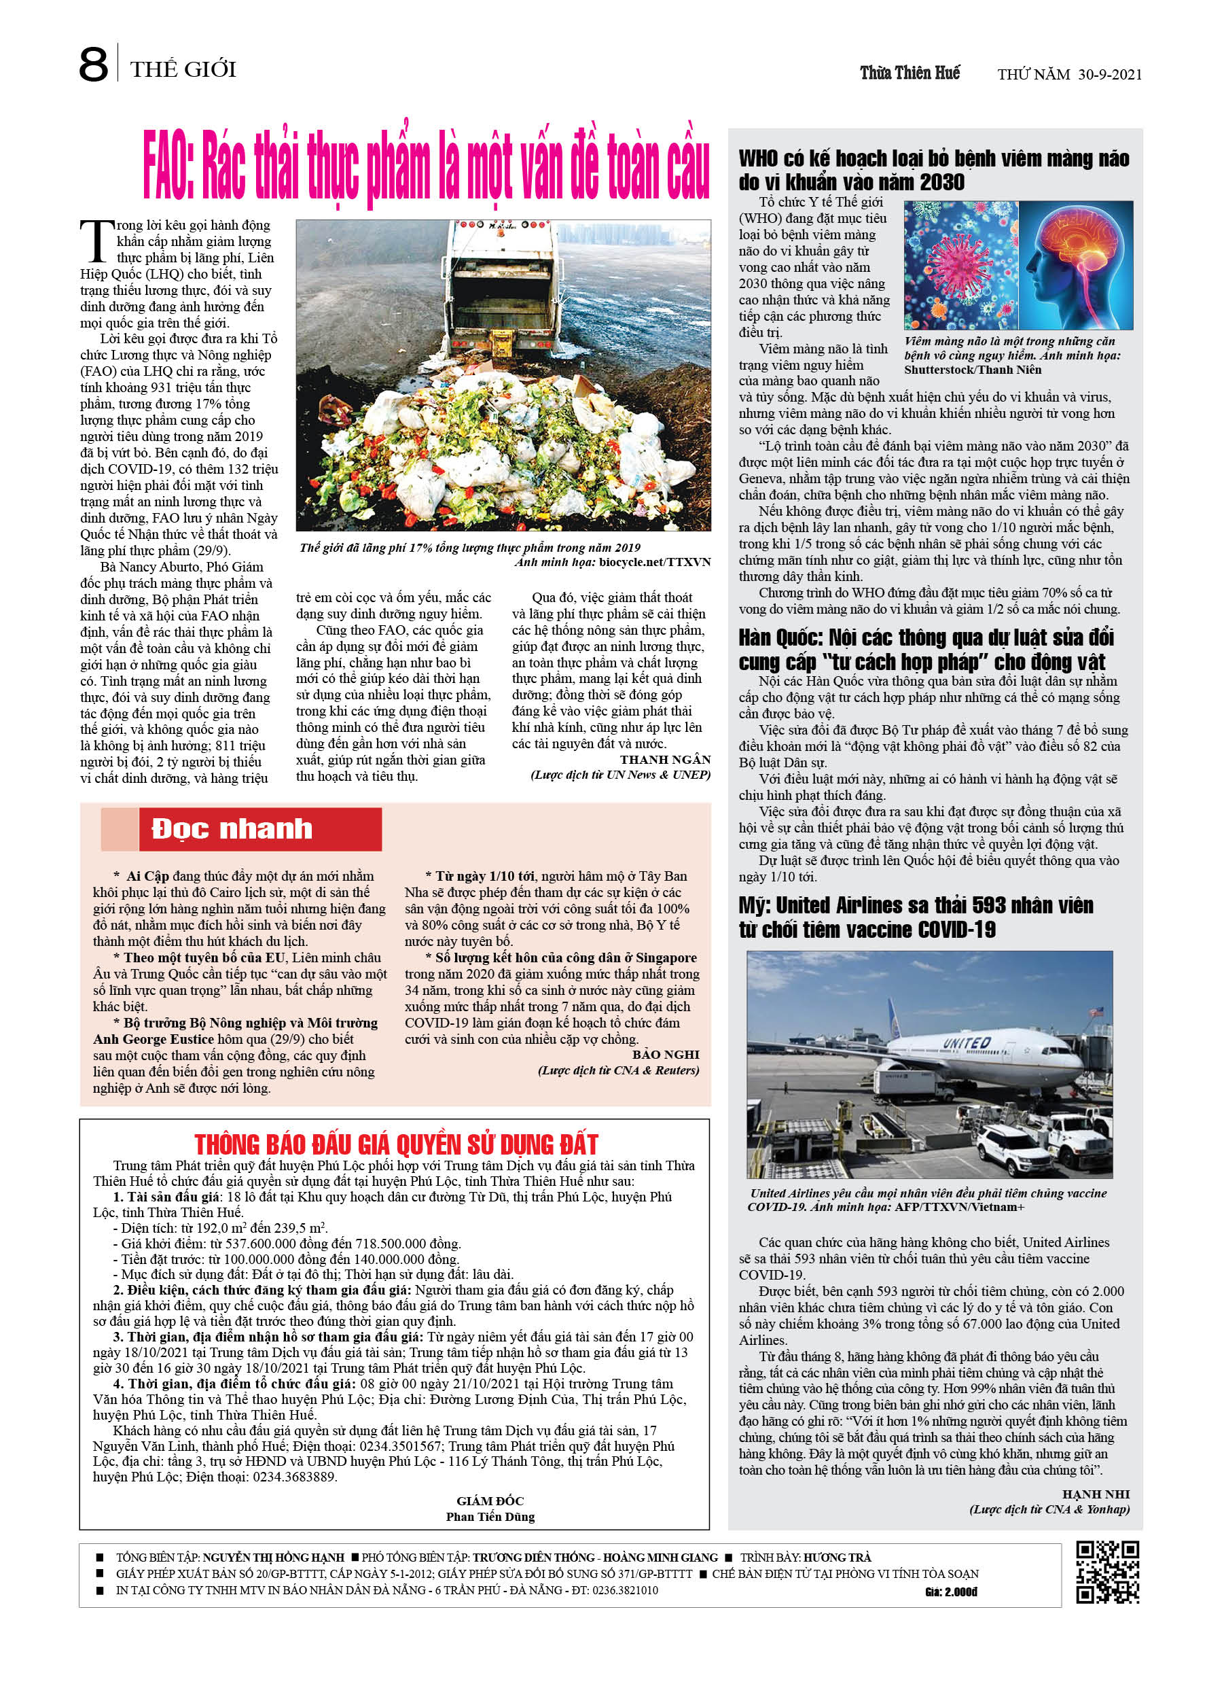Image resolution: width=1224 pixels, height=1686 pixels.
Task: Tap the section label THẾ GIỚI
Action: tap(183, 70)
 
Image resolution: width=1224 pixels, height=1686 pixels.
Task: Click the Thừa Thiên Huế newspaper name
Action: tap(910, 73)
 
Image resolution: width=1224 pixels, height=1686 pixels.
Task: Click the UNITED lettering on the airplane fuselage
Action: tap(966, 1044)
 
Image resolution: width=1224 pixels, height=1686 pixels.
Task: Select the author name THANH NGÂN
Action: tap(665, 759)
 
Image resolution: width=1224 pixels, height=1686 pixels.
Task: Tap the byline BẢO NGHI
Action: tap(665, 1054)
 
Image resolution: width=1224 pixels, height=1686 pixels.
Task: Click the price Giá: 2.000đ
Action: tap(951, 1592)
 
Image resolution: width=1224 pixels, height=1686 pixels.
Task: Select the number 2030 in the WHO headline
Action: tap(941, 182)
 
